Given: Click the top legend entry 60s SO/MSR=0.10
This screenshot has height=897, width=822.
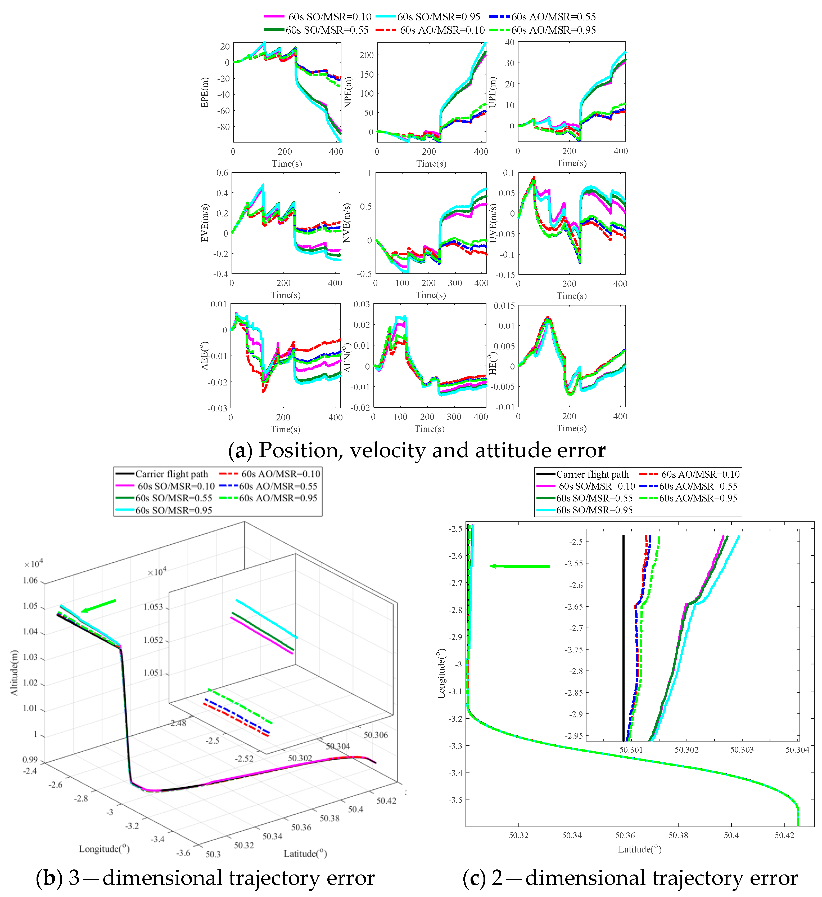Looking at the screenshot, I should (329, 17).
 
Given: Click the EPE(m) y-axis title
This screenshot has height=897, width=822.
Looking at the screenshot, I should (205, 92).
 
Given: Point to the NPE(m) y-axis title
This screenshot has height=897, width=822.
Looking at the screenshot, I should (348, 92).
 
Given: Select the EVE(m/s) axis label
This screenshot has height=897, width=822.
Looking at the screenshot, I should (205, 223).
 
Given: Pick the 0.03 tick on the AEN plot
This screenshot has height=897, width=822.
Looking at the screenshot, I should (362, 304).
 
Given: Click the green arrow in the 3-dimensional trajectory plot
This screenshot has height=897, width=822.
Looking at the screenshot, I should (99, 605).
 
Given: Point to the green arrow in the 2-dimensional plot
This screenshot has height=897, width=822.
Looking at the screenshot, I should (520, 566).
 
